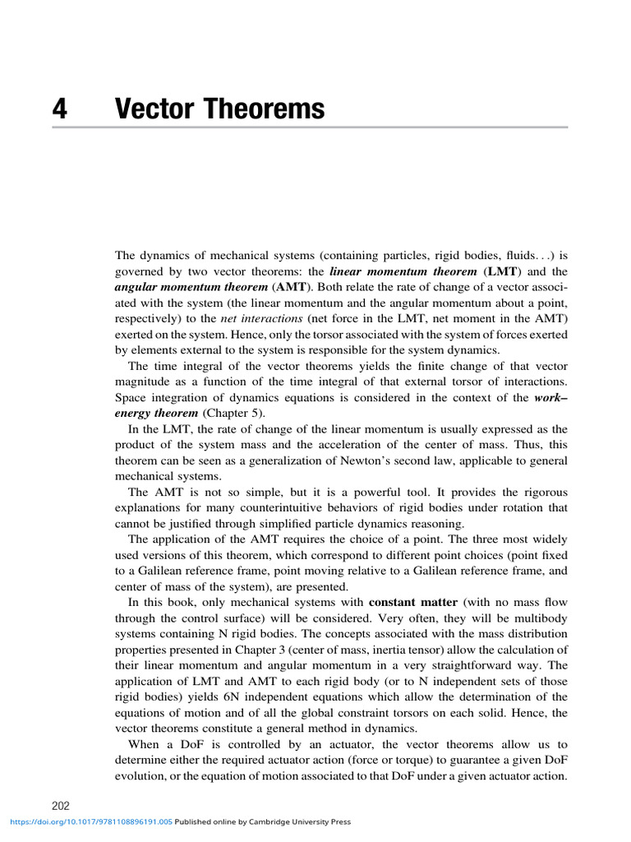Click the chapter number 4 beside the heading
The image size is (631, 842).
pos(58,109)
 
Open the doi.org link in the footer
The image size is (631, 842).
pos(90,821)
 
